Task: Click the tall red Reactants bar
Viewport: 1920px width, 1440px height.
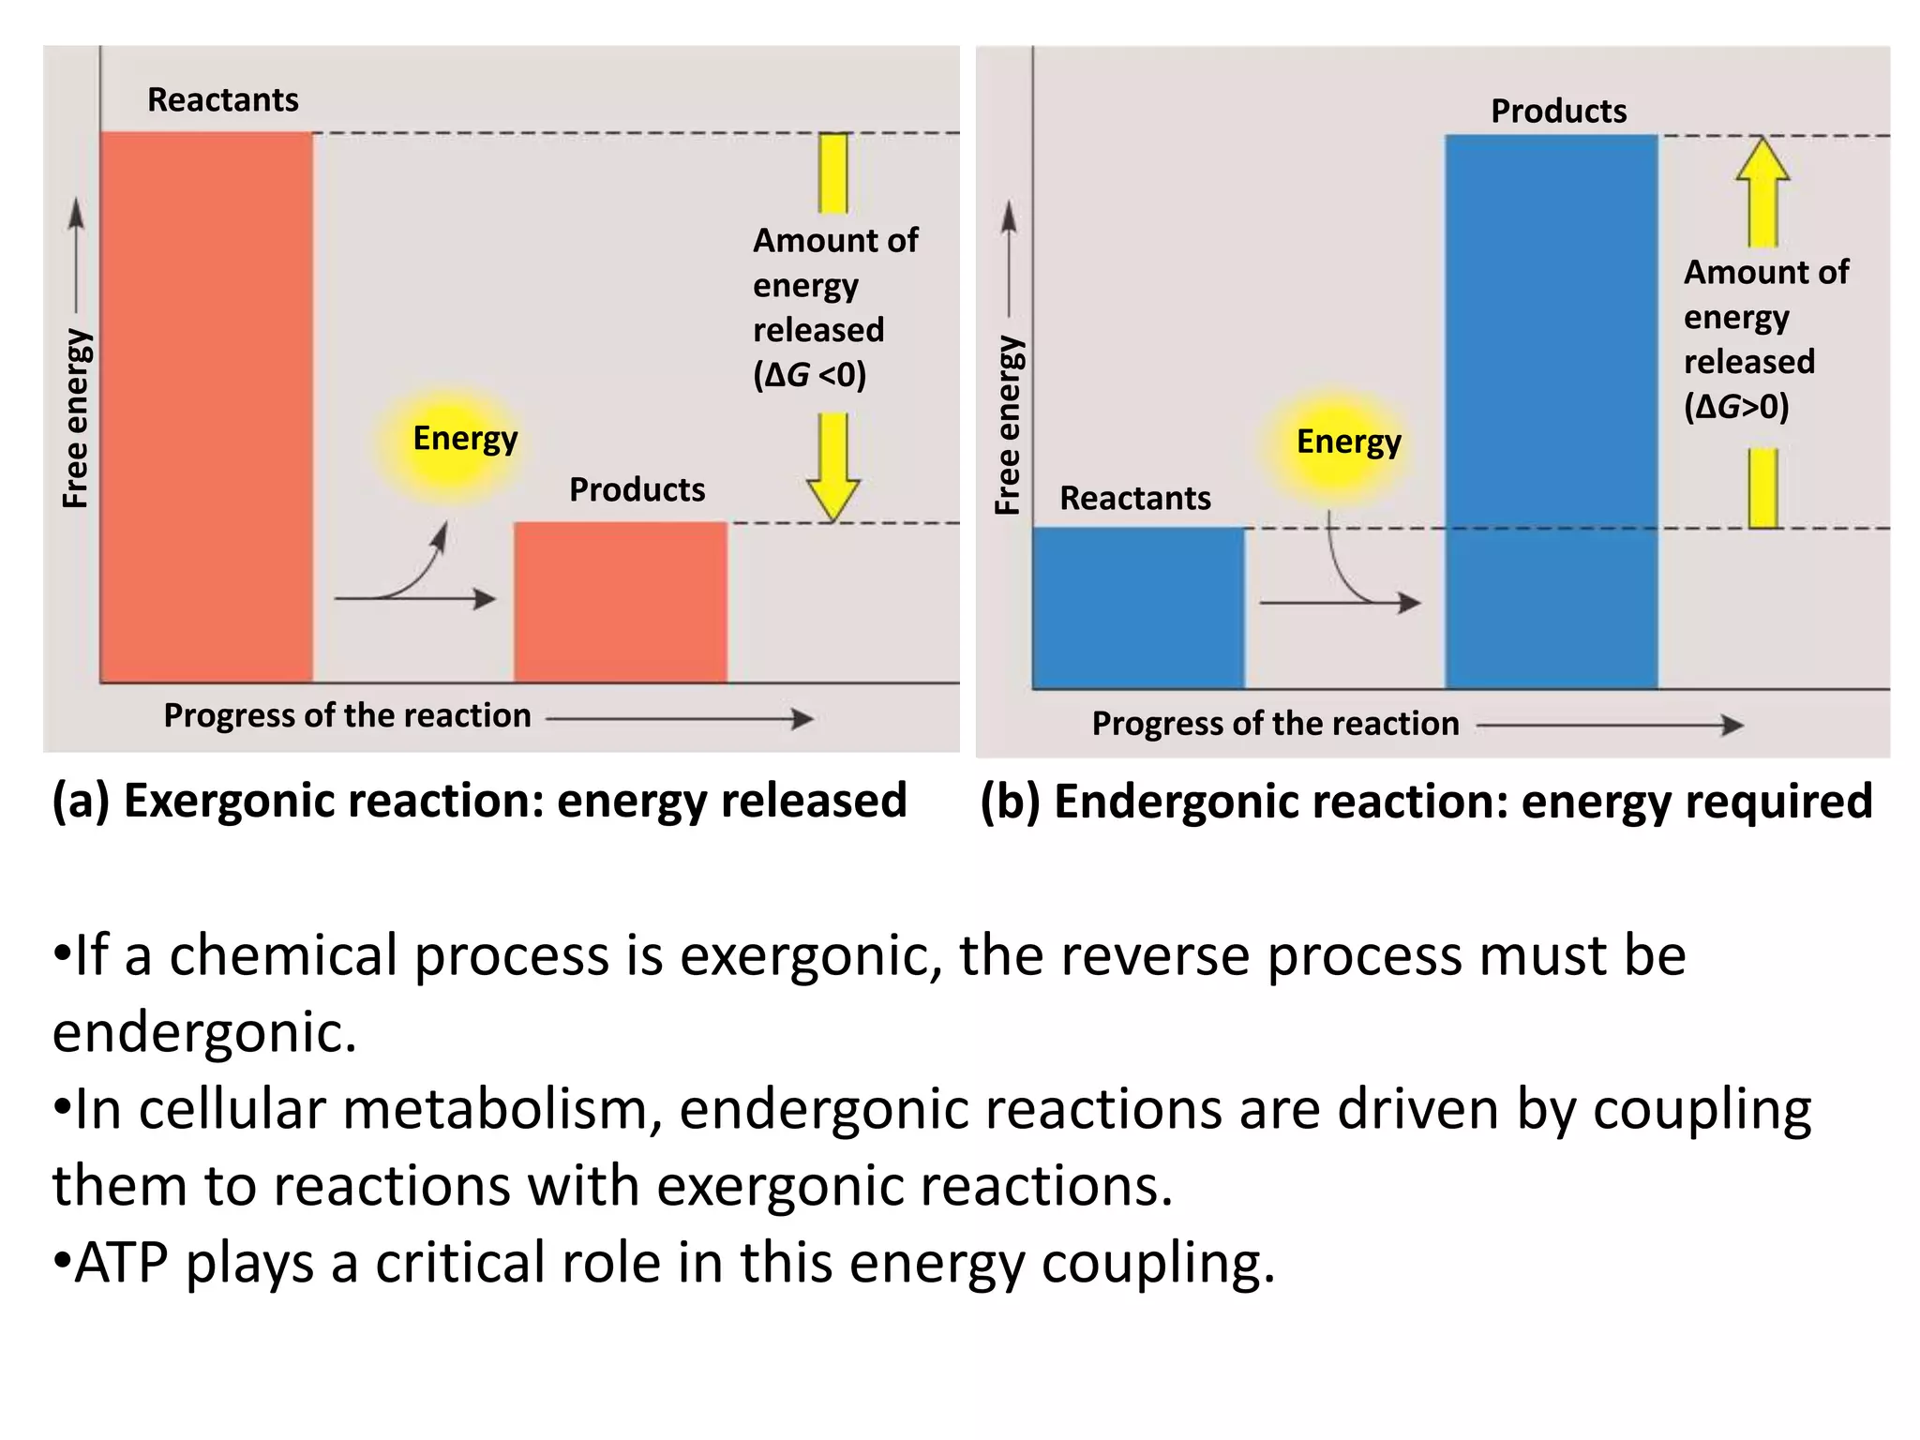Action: [x=206, y=408]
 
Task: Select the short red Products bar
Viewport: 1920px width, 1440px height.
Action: [x=621, y=602]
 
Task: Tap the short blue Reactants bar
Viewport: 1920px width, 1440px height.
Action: [x=1138, y=607]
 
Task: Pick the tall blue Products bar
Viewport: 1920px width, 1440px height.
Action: [x=1552, y=412]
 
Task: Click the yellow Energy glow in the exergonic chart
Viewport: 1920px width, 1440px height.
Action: [x=452, y=441]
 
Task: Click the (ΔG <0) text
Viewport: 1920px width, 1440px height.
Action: [x=810, y=375]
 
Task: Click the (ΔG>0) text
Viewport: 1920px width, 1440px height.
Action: [x=1736, y=407]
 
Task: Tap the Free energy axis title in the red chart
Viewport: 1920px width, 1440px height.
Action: [x=75, y=418]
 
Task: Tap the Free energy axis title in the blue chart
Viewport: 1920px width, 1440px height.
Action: [x=1008, y=424]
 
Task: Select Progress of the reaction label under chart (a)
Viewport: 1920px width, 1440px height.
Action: [x=347, y=716]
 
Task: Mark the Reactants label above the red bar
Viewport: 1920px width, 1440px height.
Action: [x=223, y=99]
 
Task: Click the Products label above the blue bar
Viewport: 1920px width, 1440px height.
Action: [x=1558, y=111]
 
